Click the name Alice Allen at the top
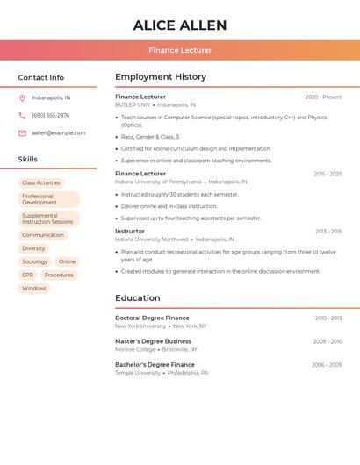pyautogui.click(x=180, y=25)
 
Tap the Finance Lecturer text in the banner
pyautogui.click(x=180, y=50)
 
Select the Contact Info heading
pyautogui.click(x=41, y=77)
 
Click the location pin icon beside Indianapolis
pyautogui.click(x=22, y=97)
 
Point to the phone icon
pyautogui.click(x=22, y=115)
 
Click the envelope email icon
pyautogui.click(x=22, y=133)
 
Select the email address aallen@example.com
pyautogui.click(x=59, y=133)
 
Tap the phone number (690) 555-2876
pyautogui.click(x=51, y=115)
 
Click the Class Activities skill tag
pyautogui.click(x=41, y=182)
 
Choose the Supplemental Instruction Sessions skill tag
pyautogui.click(x=48, y=218)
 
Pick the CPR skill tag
pyautogui.click(x=28, y=275)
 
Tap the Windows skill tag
pyautogui.click(x=34, y=288)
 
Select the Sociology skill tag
pyautogui.click(x=35, y=261)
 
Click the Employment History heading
pyautogui.click(x=161, y=77)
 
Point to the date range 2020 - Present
pyautogui.click(x=323, y=97)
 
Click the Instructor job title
pyautogui.click(x=130, y=232)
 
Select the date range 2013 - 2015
pyautogui.click(x=328, y=232)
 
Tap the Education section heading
pyautogui.click(x=138, y=298)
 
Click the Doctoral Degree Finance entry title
pyautogui.click(x=152, y=318)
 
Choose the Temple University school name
pyautogui.click(x=138, y=373)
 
